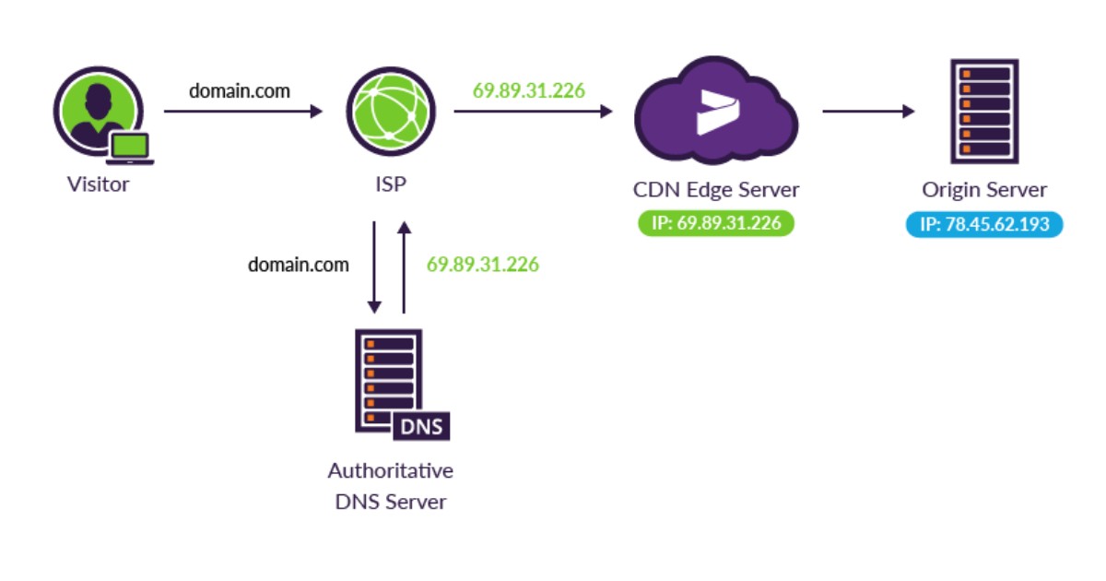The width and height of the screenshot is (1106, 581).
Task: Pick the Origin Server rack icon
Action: click(984, 111)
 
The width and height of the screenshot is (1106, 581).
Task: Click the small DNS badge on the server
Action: click(421, 427)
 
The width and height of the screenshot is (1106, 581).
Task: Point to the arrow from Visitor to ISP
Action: click(243, 112)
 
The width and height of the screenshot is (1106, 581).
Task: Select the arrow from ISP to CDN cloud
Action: click(533, 112)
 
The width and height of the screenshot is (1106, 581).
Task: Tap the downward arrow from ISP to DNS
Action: click(374, 267)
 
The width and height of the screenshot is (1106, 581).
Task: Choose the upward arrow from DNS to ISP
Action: click(403, 267)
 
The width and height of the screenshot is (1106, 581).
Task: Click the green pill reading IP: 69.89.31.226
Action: click(715, 223)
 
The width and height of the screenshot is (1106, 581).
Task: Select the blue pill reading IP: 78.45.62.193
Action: click(984, 224)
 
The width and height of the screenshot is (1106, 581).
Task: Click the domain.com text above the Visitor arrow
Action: click(240, 90)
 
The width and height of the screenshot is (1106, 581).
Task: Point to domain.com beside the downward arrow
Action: click(299, 265)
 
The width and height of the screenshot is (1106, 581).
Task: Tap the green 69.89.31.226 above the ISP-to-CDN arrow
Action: click(529, 90)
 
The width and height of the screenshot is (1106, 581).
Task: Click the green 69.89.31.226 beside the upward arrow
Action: click(482, 265)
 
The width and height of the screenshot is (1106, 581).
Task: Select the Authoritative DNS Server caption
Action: click(390, 486)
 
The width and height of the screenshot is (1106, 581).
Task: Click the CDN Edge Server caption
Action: click(715, 190)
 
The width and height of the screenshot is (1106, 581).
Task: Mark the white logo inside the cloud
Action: click(717, 113)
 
